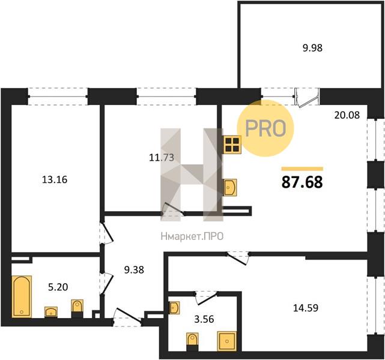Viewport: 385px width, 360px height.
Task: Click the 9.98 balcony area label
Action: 312,48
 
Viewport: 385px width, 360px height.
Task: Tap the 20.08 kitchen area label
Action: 347,115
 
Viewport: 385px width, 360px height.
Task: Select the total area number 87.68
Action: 302,182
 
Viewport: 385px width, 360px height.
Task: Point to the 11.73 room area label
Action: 162,157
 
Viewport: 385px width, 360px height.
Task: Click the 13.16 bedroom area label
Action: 55,179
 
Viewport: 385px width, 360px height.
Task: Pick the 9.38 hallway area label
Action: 134,270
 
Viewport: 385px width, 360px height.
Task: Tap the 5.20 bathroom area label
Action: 58,287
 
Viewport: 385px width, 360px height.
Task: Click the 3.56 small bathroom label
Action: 204,319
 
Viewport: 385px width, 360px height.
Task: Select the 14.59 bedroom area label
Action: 306,308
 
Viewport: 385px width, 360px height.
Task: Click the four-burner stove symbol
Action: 232,145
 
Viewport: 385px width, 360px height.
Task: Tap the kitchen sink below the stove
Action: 230,187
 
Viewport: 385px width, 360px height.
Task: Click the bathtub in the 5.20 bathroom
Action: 22,296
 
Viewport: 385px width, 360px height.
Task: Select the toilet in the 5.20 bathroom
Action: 77,309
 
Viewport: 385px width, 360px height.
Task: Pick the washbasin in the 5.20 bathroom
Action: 51,312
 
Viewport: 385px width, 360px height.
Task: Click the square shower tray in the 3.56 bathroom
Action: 227,341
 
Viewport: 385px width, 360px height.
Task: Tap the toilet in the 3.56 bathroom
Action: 192,342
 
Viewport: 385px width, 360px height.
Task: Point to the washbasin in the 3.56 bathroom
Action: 174,308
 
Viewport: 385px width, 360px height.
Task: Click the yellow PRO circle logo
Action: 265,128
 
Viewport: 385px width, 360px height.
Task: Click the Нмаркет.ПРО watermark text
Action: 192,236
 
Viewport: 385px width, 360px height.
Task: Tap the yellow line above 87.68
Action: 302,169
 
